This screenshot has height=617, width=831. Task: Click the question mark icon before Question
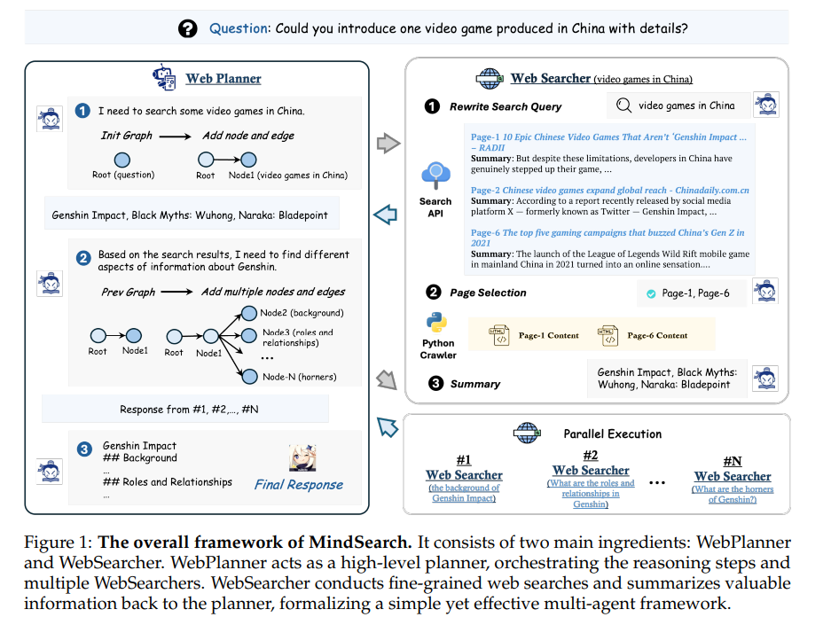187,28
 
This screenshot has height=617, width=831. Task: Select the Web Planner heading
223,79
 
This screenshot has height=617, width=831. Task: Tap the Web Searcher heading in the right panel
551,78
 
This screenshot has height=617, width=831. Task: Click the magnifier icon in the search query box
623,105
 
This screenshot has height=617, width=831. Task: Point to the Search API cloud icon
436,176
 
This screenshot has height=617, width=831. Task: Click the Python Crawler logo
436,322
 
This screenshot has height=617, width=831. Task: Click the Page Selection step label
487,293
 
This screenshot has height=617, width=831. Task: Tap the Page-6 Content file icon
608,335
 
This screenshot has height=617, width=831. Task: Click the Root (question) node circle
122,160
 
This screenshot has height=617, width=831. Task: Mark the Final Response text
298,484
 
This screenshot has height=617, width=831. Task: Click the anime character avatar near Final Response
302,457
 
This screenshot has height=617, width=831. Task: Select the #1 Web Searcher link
464,475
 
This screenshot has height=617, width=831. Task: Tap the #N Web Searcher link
733,476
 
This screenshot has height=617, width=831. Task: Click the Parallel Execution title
613,434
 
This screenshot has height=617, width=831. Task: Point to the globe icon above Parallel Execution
526,433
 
